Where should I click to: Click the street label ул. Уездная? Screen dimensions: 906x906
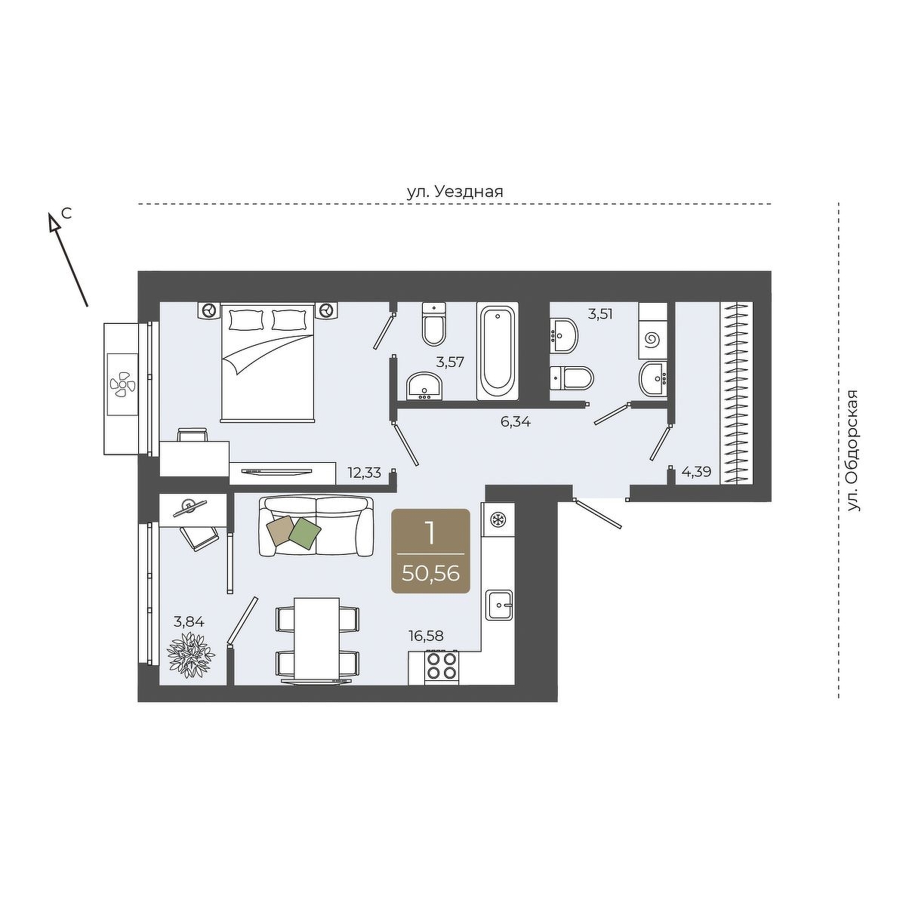[x=455, y=193]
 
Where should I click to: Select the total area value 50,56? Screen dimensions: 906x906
[x=430, y=574]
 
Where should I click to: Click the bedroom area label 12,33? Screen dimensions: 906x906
[x=365, y=472]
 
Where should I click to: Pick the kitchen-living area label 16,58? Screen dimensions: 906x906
[x=426, y=636]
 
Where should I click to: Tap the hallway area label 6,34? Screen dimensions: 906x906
[x=516, y=422]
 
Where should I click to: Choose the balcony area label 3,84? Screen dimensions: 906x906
[x=189, y=622]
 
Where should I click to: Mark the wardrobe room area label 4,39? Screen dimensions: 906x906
[x=696, y=472]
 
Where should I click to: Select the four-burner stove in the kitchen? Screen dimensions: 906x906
[x=442, y=667]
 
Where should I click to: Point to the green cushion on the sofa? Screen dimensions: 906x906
[x=305, y=533]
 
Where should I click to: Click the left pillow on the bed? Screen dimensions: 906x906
[x=246, y=319]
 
